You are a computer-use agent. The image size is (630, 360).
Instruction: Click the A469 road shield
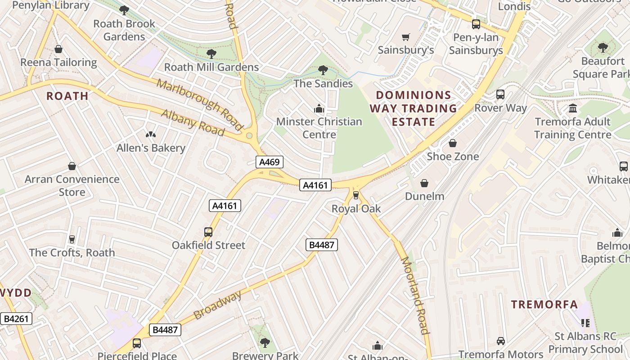(x=270, y=162)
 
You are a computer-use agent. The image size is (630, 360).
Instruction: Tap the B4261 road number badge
(x=16, y=319)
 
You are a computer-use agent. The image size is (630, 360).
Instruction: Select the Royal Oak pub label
(x=356, y=209)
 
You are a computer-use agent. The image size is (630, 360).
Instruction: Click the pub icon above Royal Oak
(x=356, y=195)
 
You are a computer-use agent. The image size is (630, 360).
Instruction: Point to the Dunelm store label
(x=424, y=196)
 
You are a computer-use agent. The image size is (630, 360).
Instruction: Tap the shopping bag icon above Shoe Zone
(x=453, y=143)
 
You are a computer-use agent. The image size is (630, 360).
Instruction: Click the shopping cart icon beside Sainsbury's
(x=406, y=37)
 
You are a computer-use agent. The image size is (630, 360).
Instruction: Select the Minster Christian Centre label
(x=319, y=128)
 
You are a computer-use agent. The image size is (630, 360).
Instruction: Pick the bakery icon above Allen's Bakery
(x=150, y=135)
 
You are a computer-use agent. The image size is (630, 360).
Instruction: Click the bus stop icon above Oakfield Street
(x=208, y=232)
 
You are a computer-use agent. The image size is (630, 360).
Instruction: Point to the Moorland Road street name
(x=414, y=295)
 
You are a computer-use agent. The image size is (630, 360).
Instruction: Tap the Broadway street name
(x=218, y=306)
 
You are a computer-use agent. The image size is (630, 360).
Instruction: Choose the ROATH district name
(x=67, y=96)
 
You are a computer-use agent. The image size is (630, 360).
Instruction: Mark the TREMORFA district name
(x=544, y=305)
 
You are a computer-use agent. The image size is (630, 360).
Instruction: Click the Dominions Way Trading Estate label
(x=413, y=108)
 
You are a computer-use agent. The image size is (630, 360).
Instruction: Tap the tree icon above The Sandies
(x=323, y=70)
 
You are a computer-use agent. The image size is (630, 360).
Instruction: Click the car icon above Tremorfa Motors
(x=500, y=341)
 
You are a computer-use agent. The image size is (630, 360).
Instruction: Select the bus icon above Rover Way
(x=500, y=94)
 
